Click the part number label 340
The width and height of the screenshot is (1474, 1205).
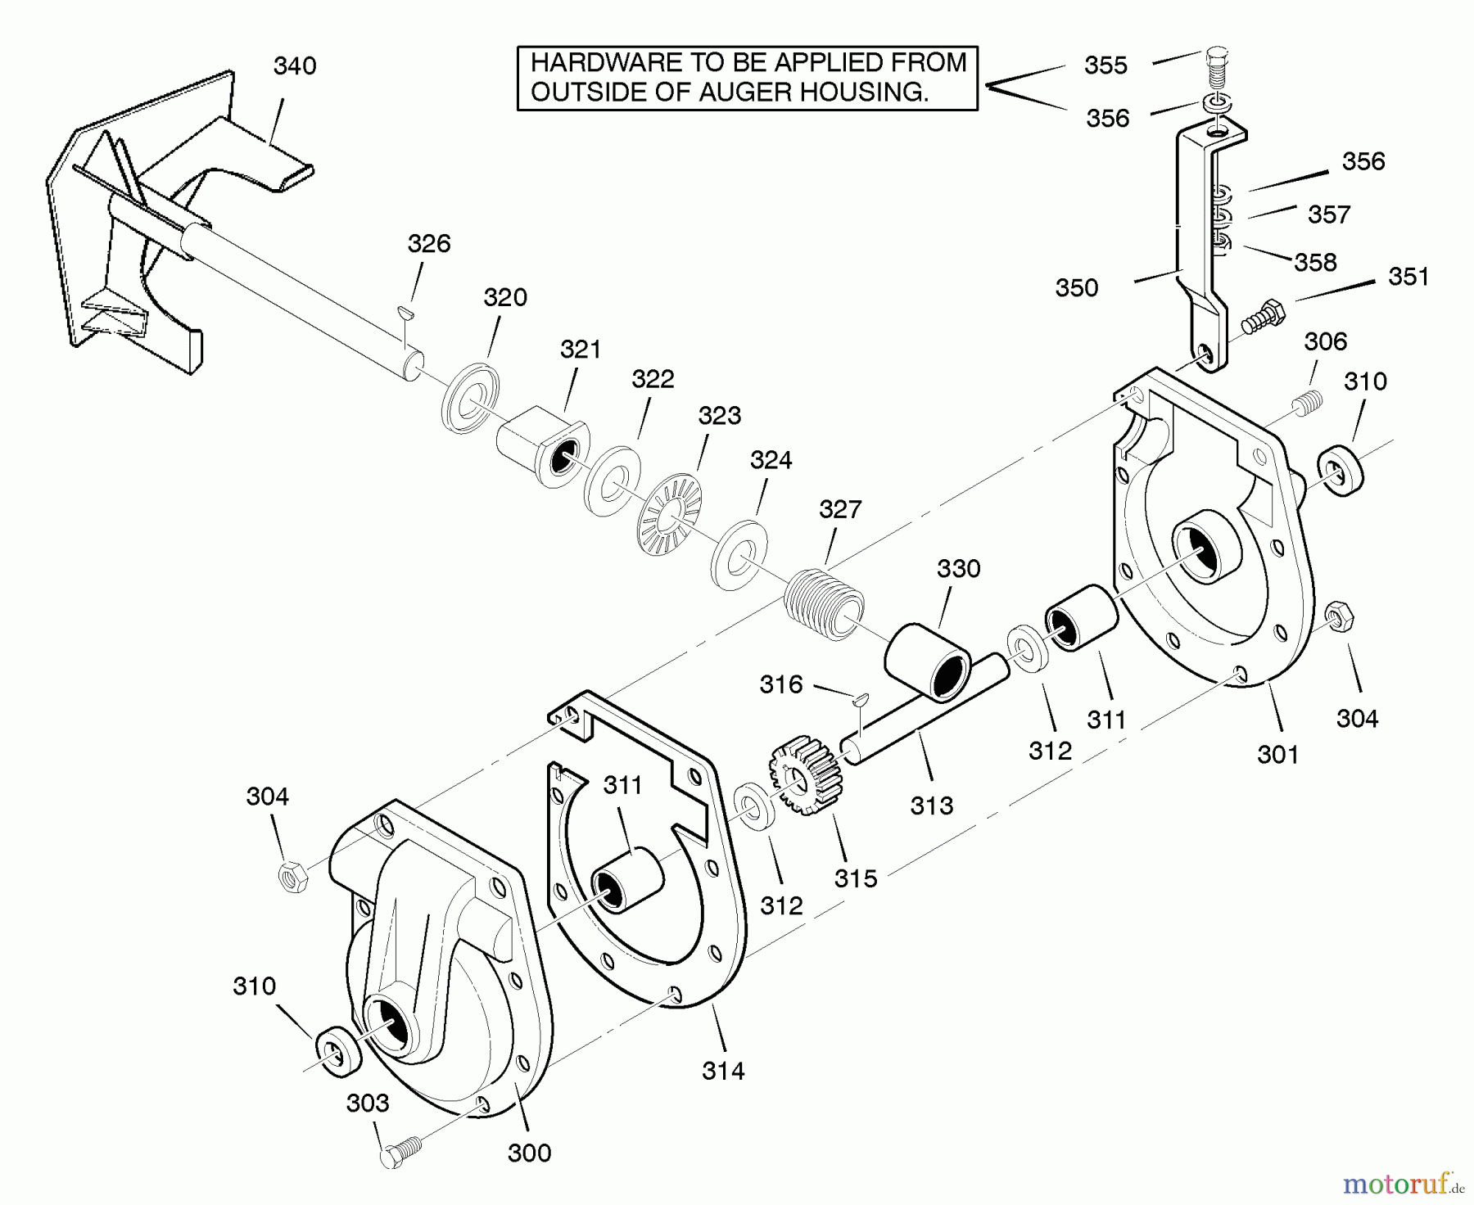point(295,66)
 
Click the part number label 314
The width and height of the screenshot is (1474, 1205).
point(723,1070)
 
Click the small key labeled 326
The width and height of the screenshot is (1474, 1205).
point(405,310)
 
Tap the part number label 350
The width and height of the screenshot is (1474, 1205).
point(1077,288)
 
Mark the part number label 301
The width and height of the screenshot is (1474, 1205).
point(1277,754)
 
